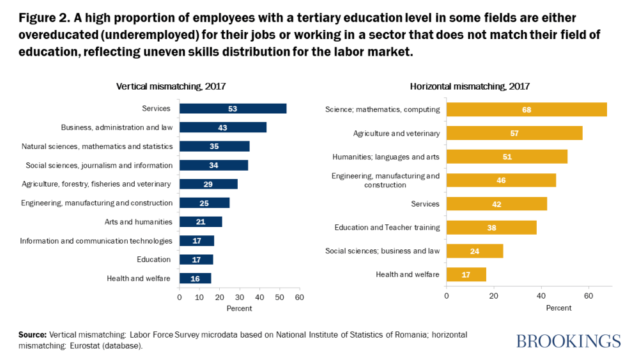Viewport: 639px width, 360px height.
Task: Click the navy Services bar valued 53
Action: (x=233, y=109)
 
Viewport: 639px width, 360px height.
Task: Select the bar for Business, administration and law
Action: (x=223, y=127)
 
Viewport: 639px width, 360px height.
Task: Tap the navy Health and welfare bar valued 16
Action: (x=195, y=278)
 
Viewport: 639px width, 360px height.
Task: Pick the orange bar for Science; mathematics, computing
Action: (x=526, y=109)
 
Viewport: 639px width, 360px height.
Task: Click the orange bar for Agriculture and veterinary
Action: (x=514, y=133)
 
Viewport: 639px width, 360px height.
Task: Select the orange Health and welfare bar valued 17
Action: (x=466, y=274)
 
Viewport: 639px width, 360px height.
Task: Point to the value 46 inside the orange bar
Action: (x=501, y=180)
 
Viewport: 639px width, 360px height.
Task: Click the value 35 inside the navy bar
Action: (x=214, y=146)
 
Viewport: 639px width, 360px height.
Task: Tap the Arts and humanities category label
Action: (x=139, y=222)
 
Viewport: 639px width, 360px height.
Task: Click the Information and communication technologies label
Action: (x=96, y=241)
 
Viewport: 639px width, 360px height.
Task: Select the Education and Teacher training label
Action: (x=387, y=227)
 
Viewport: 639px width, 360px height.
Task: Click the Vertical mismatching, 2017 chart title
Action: (x=171, y=86)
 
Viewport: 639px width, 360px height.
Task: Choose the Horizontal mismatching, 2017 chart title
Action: (x=470, y=86)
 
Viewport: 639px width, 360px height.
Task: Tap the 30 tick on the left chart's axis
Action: (x=239, y=297)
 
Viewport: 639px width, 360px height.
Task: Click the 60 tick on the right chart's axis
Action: (x=589, y=296)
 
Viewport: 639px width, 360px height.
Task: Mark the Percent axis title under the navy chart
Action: (x=239, y=308)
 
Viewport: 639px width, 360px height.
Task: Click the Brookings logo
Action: (x=568, y=341)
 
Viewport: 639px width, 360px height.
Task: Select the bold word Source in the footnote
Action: (x=32, y=334)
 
